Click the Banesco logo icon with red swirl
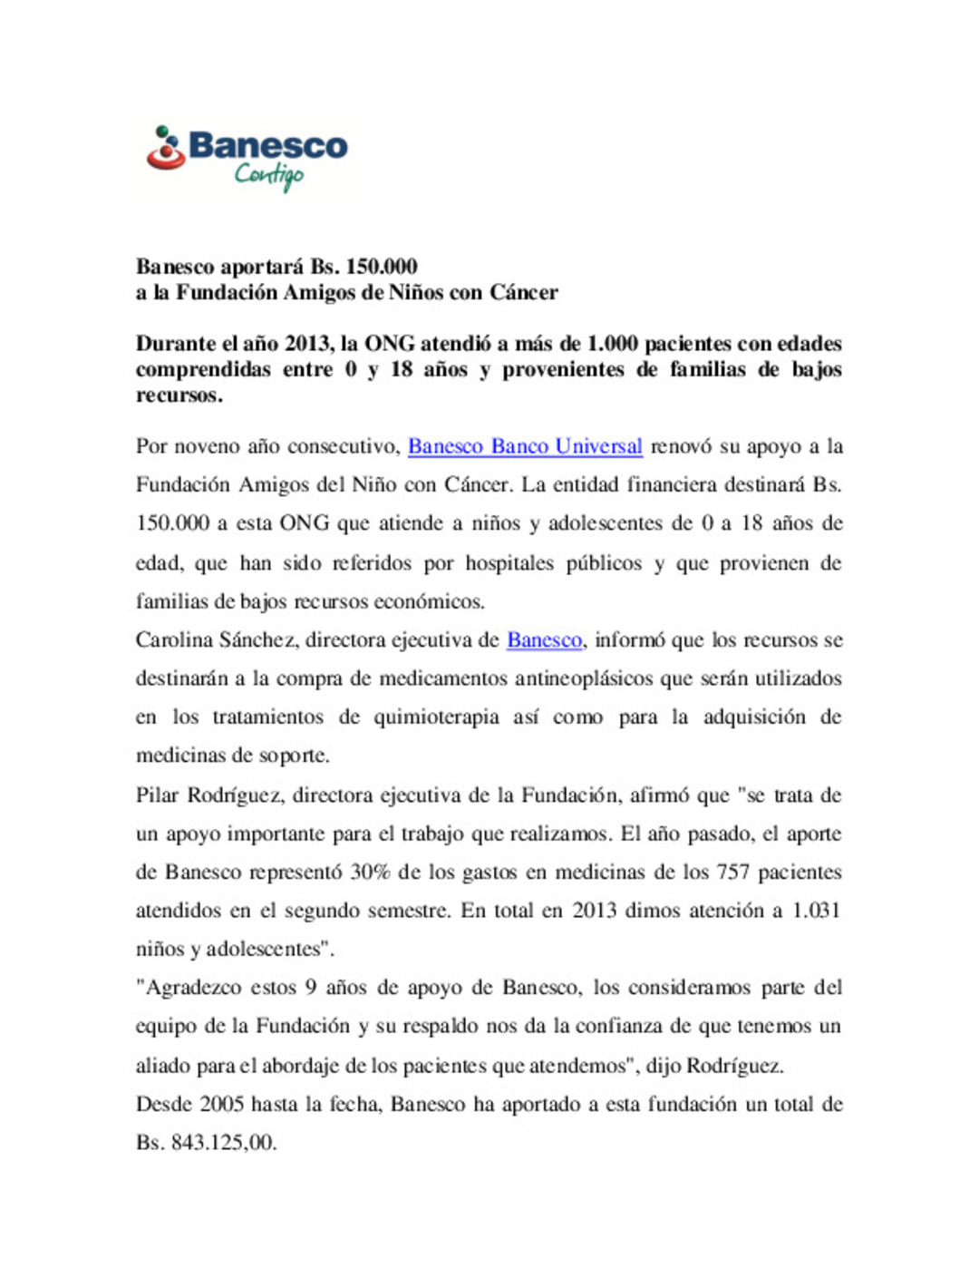166,149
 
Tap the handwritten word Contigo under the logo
269,174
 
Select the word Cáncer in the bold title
524,293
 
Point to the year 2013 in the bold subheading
308,344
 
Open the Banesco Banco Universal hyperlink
525,446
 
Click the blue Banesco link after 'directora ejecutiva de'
544,640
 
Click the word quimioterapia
437,717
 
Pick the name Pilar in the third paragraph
157,795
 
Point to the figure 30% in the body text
371,873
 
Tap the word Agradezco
193,988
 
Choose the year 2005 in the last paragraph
221,1105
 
